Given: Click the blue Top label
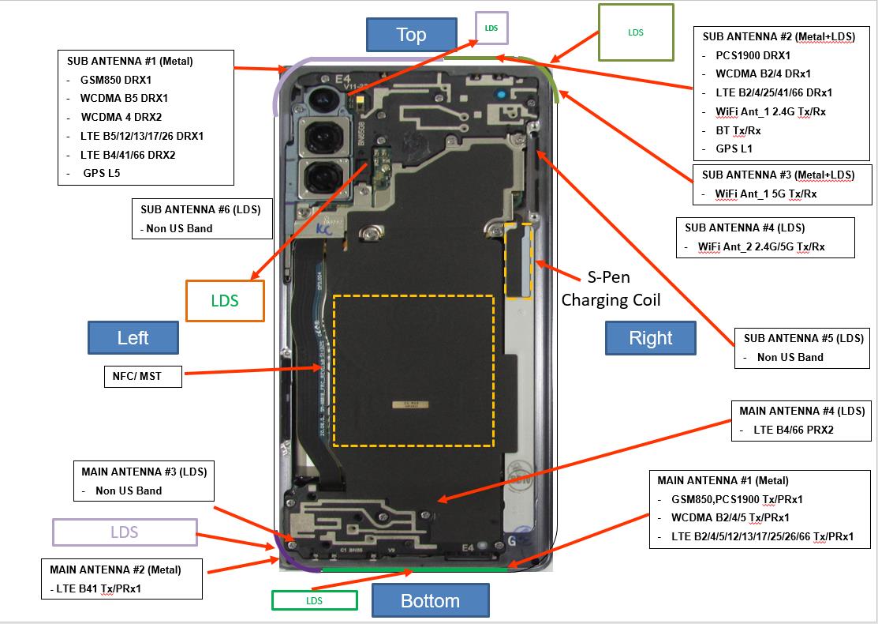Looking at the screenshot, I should click(411, 35).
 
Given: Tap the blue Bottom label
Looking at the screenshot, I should click(430, 600).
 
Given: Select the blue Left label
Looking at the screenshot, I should click(133, 338).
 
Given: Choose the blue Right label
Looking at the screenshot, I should click(650, 338).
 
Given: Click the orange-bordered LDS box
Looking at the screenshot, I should click(225, 301).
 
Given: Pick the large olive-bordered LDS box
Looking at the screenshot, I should click(636, 32).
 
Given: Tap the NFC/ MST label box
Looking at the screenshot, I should click(143, 377).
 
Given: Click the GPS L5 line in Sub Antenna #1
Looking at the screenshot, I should click(102, 173).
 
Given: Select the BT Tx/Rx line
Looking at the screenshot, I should click(738, 130).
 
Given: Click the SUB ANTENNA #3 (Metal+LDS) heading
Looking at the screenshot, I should click(778, 175).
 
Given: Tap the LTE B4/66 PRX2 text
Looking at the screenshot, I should click(794, 430).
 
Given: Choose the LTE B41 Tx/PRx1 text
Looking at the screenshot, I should click(101, 588).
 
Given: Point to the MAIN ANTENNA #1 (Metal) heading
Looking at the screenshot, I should click(723, 480).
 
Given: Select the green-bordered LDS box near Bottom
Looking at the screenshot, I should click(314, 600).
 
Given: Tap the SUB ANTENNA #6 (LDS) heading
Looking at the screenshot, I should click(200, 209).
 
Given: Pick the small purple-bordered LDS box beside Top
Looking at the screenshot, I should click(491, 28).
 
